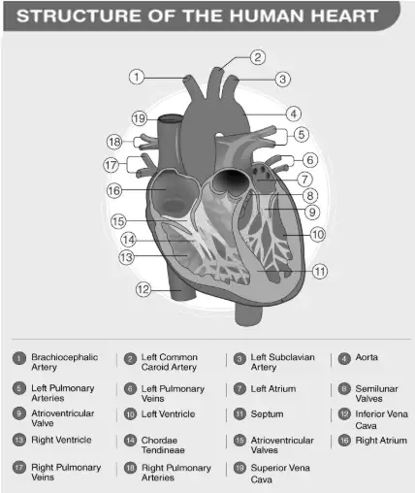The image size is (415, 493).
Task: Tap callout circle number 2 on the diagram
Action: [x=258, y=57]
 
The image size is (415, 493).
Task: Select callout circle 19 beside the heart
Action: [x=140, y=118]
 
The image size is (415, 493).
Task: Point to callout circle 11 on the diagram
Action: [x=320, y=271]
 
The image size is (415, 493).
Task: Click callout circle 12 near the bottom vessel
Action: [x=144, y=289]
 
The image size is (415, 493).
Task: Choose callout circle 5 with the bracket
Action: [x=302, y=134]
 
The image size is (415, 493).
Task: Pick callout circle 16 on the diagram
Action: [x=114, y=191]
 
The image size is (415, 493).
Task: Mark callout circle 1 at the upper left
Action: [x=137, y=77]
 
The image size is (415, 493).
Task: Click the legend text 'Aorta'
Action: [x=367, y=357]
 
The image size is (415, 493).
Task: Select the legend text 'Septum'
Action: [x=267, y=414]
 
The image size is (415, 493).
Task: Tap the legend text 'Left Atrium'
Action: [x=273, y=388]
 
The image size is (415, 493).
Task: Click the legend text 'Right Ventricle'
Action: [x=61, y=440]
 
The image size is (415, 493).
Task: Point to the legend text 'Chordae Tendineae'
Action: [x=163, y=445]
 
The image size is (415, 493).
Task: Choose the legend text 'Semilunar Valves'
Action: [x=376, y=393]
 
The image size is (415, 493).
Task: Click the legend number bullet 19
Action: [x=239, y=468]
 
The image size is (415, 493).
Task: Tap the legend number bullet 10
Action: [x=130, y=414]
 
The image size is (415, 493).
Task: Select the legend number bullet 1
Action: [x=19, y=358]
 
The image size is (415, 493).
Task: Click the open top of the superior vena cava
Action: [x=171, y=118]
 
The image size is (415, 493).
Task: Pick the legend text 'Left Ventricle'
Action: [x=168, y=414]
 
